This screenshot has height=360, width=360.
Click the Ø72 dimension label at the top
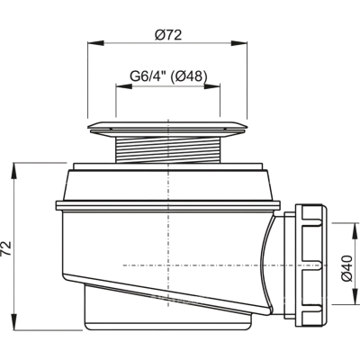click(168, 35)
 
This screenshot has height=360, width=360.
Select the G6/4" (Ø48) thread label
click(168, 76)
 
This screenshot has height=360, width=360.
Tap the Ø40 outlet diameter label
click(346, 268)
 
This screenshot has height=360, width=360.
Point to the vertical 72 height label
click(6, 247)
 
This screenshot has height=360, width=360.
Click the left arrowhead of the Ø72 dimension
click(95, 43)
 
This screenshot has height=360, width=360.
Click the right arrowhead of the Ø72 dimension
click(239, 43)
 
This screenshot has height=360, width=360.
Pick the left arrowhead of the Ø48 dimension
click(124, 86)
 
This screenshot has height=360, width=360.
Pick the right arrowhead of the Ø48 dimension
click(212, 86)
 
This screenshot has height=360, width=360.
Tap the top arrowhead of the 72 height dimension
click(14, 171)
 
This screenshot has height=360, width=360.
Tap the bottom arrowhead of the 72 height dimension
click(14, 321)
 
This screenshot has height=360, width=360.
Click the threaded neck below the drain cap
click(168, 149)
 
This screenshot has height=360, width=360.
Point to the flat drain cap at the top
click(168, 129)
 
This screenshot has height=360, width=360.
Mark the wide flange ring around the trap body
click(168, 205)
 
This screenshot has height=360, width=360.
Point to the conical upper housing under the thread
click(168, 184)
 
